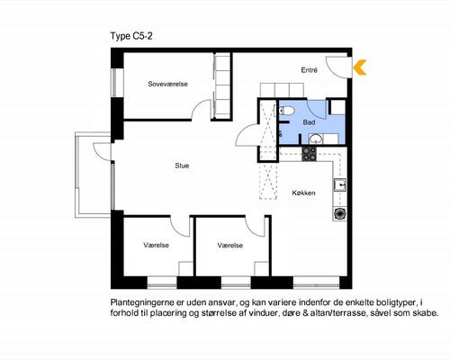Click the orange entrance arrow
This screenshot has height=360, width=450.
click(359, 67)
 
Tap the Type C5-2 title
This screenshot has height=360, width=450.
click(131, 36)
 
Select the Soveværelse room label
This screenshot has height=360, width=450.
click(167, 84)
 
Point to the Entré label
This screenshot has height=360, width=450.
click(310, 70)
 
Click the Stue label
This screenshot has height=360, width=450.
click(182, 166)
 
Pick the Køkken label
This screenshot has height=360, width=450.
click(303, 193)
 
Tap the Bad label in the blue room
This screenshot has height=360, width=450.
click(309, 122)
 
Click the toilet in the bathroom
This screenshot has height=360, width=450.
click(284, 111)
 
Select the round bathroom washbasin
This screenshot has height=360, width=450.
click(315, 139)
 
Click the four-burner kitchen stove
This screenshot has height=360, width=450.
click(310, 154)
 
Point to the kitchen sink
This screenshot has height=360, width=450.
click(340, 185)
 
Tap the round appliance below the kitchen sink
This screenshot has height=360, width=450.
click(340, 214)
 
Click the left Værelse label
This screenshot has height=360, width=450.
click(156, 245)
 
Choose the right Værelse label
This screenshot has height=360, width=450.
click(230, 246)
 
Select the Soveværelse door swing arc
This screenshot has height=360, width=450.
click(197, 105)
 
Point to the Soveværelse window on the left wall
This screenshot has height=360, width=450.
click(114, 83)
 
